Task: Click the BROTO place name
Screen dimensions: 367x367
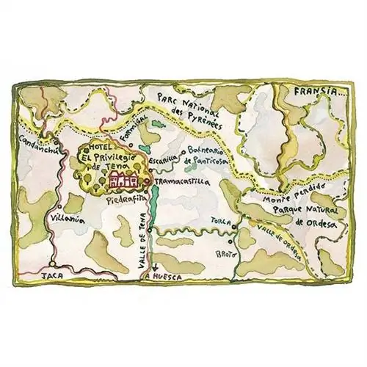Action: [x=224, y=253]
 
